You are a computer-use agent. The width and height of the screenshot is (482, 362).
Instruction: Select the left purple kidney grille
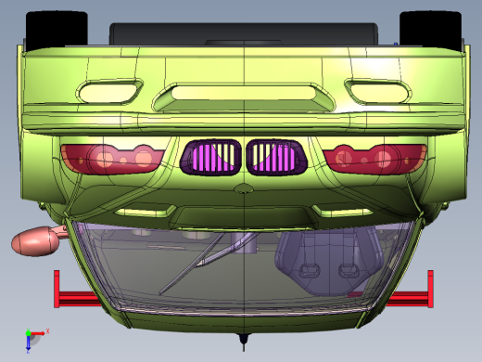click(212, 158)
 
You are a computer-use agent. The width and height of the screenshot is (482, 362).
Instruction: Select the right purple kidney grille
click(275, 158)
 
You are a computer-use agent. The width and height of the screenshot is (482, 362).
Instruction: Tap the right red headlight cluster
click(375, 158)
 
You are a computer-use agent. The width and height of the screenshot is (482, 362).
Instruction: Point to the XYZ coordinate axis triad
click(33, 336)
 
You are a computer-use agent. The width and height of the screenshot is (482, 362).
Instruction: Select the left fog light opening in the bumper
click(109, 91)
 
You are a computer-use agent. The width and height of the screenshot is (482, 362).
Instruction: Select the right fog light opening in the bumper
click(377, 90)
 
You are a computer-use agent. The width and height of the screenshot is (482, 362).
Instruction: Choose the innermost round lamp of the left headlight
click(144, 159)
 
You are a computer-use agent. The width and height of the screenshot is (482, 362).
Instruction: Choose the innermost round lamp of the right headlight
click(344, 157)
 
